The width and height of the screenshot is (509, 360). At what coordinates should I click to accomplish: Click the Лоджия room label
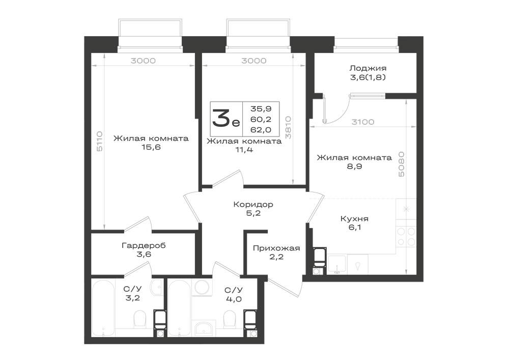tap(368, 68)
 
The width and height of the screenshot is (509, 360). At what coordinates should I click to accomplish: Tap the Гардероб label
tap(144, 245)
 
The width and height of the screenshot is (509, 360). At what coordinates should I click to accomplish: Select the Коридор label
tap(253, 205)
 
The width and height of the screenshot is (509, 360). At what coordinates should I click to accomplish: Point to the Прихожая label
tap(276, 248)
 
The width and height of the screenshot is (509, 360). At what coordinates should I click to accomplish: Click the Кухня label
tap(354, 219)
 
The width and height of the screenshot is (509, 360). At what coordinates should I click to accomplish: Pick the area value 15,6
tap(151, 147)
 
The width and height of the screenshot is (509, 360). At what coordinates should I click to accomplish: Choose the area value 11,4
tap(244, 150)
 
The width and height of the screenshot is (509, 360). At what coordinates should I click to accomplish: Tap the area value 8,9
tap(354, 167)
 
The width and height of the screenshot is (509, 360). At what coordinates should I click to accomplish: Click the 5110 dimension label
tap(100, 141)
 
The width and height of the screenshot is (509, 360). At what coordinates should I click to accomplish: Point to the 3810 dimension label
tap(288, 128)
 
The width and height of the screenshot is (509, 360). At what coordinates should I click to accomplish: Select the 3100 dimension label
tap(363, 122)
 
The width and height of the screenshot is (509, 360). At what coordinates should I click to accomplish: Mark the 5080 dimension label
tap(401, 164)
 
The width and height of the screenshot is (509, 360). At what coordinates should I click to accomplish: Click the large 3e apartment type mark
tap(226, 119)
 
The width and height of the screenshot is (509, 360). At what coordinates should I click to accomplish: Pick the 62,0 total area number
tap(261, 130)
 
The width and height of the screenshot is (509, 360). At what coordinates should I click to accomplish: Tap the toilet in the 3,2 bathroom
tap(140, 319)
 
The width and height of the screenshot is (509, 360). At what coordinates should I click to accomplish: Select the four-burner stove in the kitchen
tap(406, 237)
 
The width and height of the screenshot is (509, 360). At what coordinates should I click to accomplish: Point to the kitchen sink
tap(337, 265)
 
